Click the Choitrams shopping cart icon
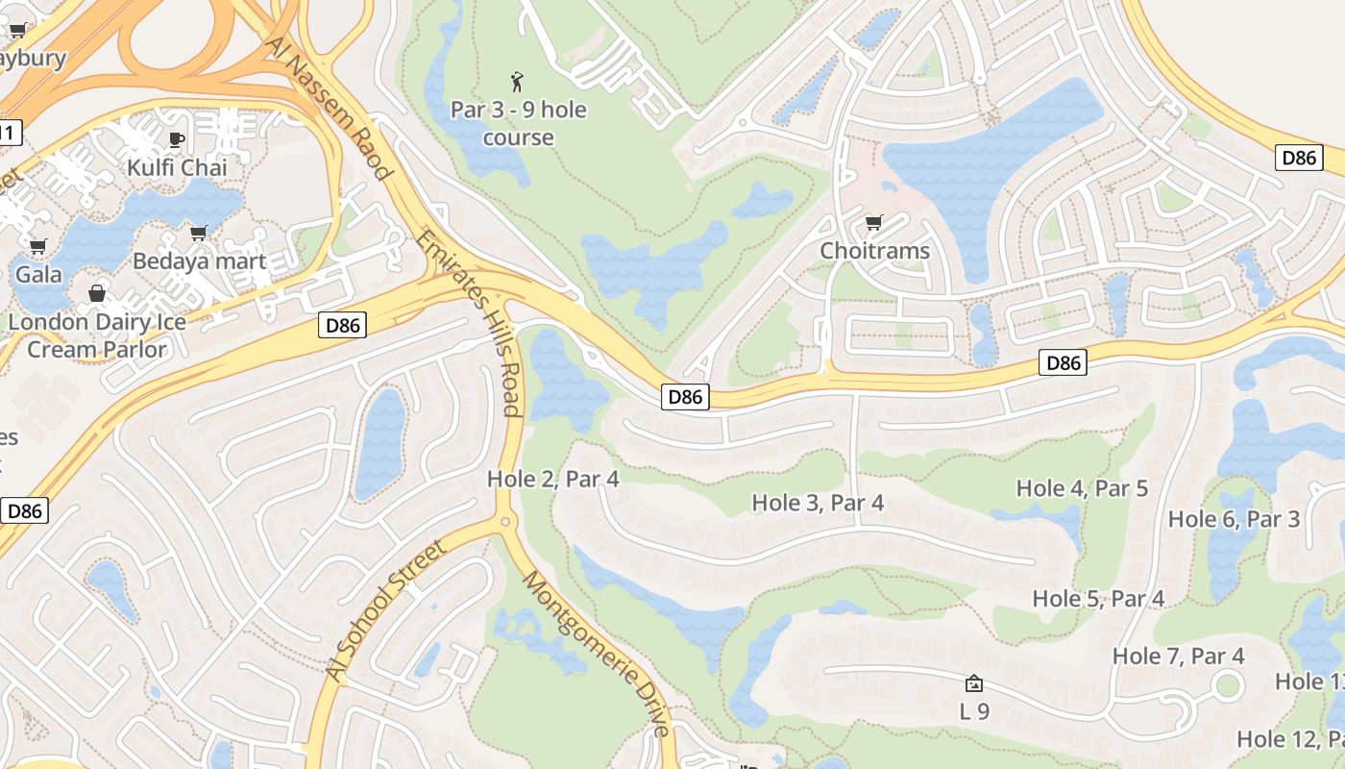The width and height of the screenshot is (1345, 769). coord(873,223)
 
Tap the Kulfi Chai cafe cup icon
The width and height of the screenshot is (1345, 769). coord(177,139)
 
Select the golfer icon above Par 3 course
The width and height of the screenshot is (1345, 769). coord(518,82)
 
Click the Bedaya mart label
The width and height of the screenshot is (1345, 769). coord(199,260)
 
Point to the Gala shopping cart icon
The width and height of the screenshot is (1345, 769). coord(38,247)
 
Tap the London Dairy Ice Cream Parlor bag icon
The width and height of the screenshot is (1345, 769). coord(97,293)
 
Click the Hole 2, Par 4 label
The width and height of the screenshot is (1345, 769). coord(552,478)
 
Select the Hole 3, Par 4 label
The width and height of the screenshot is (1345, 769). coord(817,502)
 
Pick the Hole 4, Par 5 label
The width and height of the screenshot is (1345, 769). coord(1082,487)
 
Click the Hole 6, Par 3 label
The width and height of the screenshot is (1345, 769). coord(1233,519)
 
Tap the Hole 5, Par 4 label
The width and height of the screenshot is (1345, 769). coord(1097,598)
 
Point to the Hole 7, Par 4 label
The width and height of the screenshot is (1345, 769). coord(1178,656)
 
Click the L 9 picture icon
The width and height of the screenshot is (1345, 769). coord(973,683)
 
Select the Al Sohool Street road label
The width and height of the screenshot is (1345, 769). coord(386,611)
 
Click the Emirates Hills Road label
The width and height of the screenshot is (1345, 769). coord(470,323)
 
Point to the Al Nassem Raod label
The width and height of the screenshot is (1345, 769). coord(328,108)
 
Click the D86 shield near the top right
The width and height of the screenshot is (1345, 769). coord(1298,158)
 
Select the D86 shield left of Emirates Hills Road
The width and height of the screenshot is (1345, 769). coord(343,326)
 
